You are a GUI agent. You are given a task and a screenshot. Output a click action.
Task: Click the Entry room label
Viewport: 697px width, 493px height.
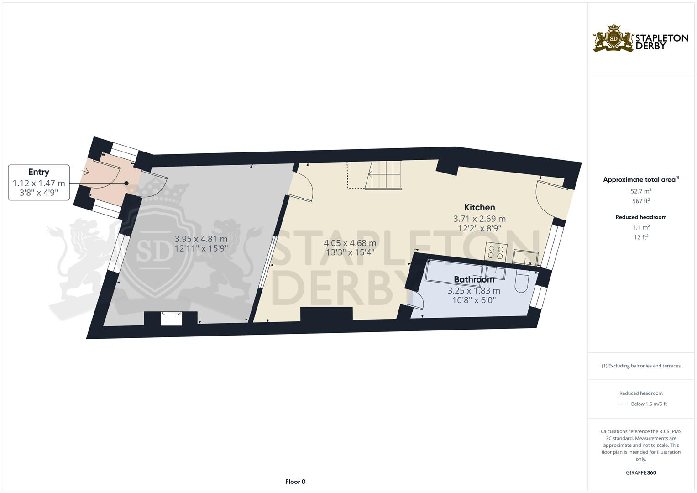(39, 172)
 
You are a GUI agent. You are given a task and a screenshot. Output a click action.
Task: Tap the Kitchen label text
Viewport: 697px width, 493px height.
(479, 207)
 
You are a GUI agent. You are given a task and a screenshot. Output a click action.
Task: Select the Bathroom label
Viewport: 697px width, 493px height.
(474, 279)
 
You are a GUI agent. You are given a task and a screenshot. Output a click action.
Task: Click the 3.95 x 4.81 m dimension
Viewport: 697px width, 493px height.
(201, 239)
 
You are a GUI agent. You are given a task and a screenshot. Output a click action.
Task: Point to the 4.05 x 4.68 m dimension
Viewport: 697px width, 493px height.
(350, 243)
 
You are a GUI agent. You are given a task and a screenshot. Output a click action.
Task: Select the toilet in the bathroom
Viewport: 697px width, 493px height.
(521, 283)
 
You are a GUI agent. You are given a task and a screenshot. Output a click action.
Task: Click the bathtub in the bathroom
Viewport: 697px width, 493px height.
(454, 272)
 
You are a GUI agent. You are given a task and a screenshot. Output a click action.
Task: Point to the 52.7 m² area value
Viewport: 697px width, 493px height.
(641, 191)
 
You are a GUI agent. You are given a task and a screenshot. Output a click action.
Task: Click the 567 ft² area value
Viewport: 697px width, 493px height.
(641, 201)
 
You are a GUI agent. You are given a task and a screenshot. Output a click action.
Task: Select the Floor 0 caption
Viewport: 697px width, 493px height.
(295, 482)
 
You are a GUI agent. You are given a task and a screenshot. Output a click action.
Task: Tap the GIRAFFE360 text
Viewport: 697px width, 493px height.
(641, 473)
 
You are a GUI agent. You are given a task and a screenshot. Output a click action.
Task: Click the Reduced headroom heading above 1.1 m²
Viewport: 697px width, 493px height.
(641, 217)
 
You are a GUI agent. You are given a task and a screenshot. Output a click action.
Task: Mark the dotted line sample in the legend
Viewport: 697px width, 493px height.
(621, 404)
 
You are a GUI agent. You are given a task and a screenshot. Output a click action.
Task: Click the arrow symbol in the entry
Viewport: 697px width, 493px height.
(85, 172)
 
